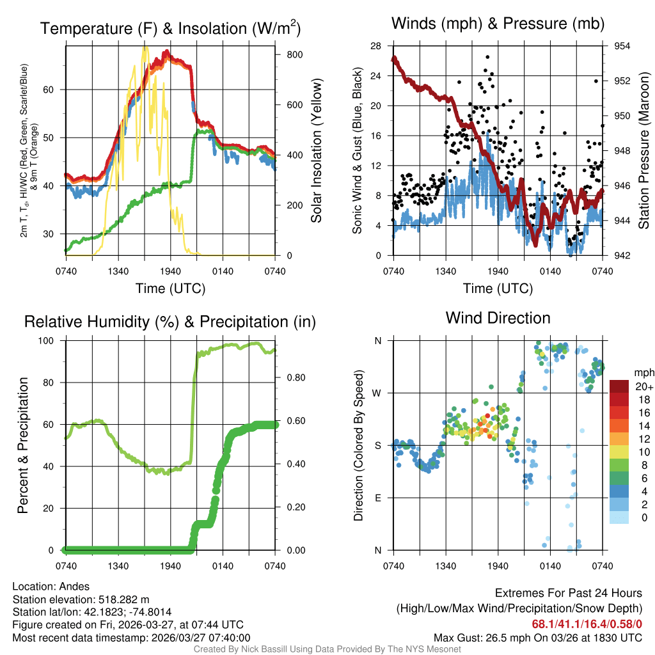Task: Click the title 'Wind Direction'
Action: coord(498,318)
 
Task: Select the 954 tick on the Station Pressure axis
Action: coord(622,46)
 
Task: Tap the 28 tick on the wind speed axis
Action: coord(375,46)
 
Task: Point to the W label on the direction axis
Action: coord(377,393)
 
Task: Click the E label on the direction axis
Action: coord(378,498)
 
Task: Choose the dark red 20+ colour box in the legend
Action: coord(620,386)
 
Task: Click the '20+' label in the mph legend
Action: coord(642,386)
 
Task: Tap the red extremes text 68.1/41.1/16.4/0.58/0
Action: coord(587,624)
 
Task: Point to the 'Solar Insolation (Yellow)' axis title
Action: coord(316,151)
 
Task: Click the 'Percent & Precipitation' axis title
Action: coord(23,445)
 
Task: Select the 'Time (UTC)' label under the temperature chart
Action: coord(170,288)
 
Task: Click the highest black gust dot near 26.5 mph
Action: coord(487,57)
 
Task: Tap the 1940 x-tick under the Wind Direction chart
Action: coord(498,565)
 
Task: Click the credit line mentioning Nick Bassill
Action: coord(327,649)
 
